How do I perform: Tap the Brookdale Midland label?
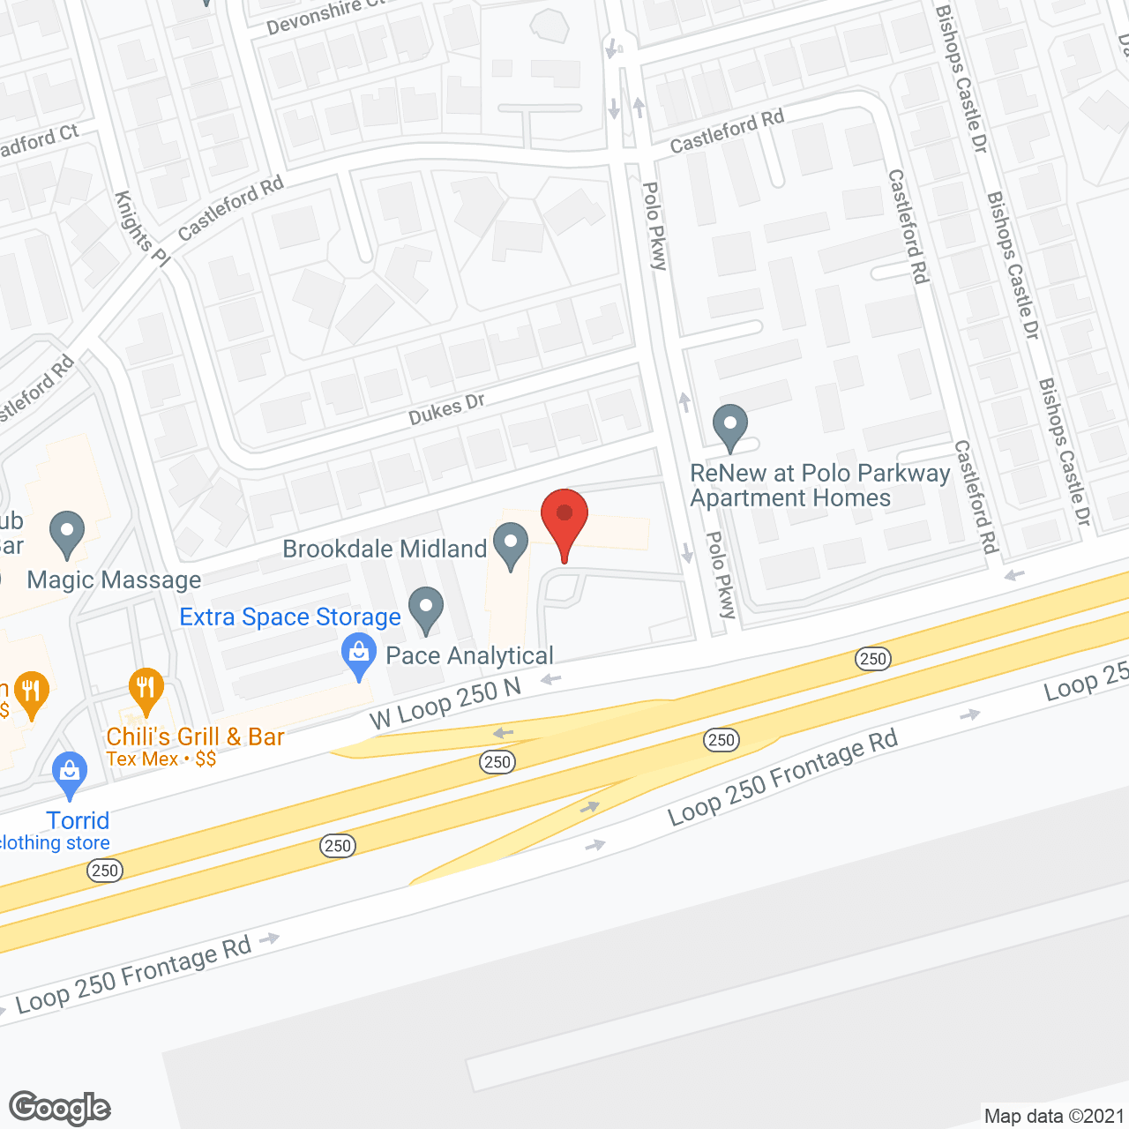[385, 549]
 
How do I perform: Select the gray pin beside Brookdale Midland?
[510, 544]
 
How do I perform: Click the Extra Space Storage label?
[290, 617]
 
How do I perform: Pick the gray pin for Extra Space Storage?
[426, 609]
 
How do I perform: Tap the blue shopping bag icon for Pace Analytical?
[358, 655]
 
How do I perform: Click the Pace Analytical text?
[469, 655]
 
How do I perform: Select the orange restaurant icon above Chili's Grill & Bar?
[146, 690]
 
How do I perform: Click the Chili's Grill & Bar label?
[195, 736]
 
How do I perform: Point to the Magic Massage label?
[115, 579]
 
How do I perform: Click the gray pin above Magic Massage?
[67, 534]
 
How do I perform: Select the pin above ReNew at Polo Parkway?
[729, 427]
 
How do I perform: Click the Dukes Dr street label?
[446, 409]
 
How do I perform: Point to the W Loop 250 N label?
[445, 704]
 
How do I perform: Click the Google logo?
[59, 1108]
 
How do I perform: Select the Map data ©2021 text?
[1054, 1116]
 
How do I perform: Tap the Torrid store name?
[78, 820]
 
